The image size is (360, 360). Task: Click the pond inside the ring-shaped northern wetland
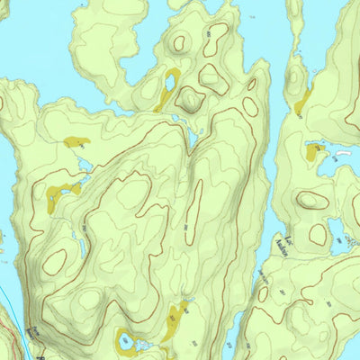tap(169, 86)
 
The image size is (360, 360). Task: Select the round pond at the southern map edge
tap(125, 342)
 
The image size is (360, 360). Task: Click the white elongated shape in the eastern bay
tap(342, 155)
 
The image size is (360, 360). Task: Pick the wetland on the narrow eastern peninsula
tap(302, 102)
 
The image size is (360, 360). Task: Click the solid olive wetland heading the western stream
tap(75, 141)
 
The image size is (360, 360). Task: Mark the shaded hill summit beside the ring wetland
tap(191, 98)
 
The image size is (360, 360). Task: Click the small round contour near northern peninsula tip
tap(180, 42)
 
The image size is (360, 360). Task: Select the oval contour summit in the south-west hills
tap(54, 261)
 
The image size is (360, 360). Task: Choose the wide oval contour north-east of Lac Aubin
tap(313, 200)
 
